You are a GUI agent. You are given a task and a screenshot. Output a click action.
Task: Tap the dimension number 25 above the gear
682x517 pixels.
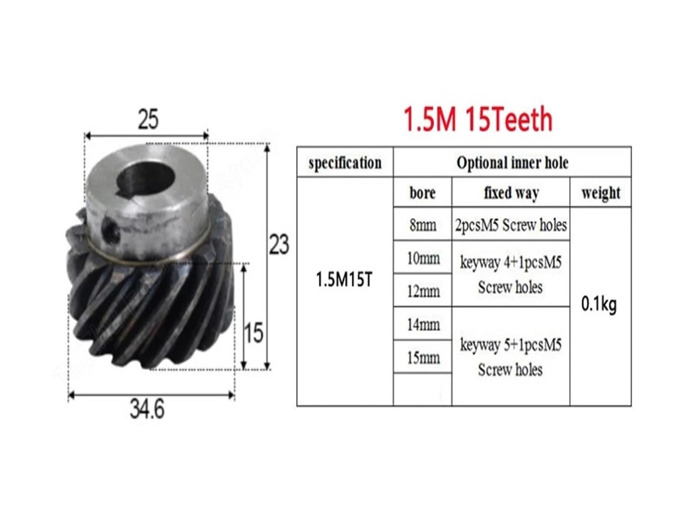coord(148,119)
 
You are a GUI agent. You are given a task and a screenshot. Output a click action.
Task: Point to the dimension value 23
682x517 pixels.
coord(279,244)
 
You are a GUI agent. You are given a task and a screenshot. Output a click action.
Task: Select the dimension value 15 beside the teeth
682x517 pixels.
coord(253,333)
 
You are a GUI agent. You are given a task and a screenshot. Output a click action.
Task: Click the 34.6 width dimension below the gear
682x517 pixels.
coord(147,410)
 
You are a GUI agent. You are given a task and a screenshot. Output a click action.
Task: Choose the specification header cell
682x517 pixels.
coord(345,162)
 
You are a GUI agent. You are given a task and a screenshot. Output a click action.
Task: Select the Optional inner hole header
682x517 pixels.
coord(512,162)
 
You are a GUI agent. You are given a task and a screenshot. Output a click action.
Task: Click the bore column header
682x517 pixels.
coord(422,193)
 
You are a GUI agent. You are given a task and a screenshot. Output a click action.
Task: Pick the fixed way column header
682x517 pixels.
coord(511,193)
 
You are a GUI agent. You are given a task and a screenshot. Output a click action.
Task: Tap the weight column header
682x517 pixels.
coord(601,193)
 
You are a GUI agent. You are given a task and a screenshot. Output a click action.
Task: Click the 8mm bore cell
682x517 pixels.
coord(422,225)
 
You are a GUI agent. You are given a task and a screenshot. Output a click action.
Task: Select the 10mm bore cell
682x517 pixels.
coord(422,258)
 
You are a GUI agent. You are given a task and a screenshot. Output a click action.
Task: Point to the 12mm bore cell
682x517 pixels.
coord(422,291)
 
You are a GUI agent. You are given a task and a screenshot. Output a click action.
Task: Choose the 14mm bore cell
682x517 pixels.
coord(422,324)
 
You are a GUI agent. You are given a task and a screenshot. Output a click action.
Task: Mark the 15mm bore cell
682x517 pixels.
coord(422,357)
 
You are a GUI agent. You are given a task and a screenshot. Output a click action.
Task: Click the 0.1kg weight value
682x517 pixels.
coord(599,304)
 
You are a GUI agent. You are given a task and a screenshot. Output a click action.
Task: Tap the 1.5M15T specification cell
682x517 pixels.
coord(344,280)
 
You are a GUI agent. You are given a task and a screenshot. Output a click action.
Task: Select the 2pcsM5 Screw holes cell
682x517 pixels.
coord(511,225)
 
